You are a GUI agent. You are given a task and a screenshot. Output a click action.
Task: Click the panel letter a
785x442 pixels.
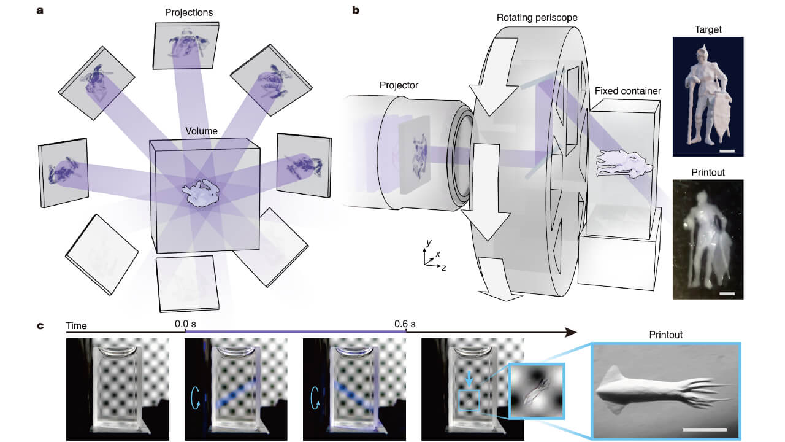click(40, 10)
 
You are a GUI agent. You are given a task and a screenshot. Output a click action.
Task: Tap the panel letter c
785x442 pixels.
click(40, 325)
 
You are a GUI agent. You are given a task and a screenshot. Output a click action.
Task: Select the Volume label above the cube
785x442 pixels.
click(202, 131)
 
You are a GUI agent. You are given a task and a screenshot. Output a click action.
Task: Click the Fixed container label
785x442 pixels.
click(627, 91)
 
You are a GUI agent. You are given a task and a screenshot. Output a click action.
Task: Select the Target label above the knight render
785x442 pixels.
click(708, 28)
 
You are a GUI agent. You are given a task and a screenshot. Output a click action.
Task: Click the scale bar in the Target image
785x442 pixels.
click(726, 150)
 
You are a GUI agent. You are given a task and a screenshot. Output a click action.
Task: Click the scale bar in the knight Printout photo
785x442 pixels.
click(726, 294)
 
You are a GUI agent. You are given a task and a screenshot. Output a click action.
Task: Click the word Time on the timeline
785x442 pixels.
click(77, 325)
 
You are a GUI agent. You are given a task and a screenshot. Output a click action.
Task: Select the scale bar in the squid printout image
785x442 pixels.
click(705, 428)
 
